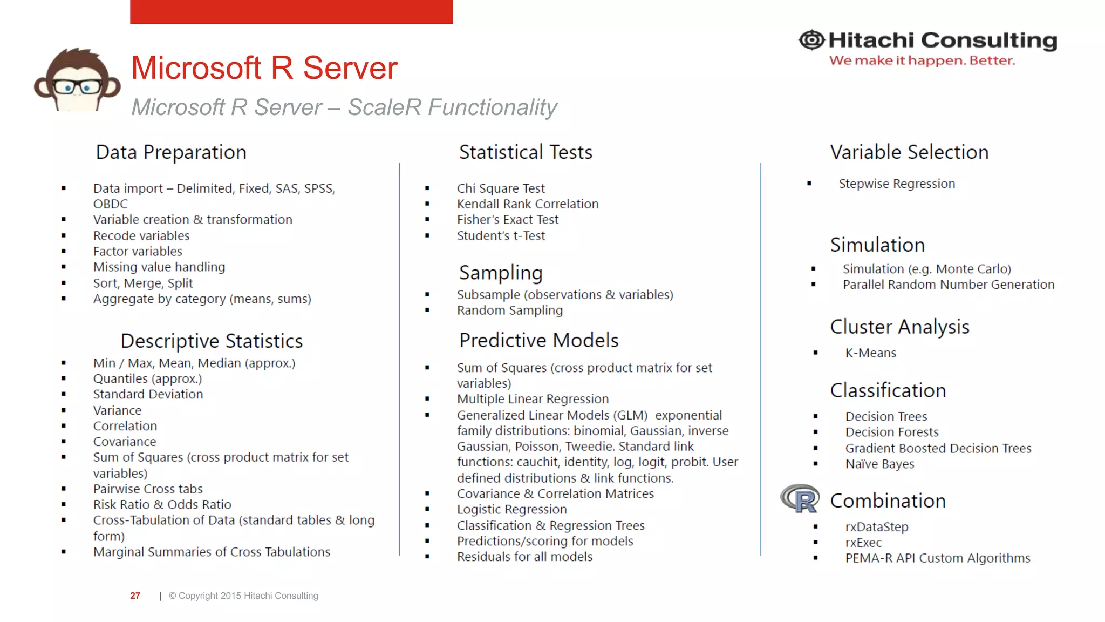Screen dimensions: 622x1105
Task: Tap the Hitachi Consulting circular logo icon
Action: pos(811,40)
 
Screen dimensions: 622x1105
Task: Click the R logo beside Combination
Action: pos(800,498)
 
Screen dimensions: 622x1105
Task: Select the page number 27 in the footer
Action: pos(135,596)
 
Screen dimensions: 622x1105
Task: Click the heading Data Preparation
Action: pos(171,152)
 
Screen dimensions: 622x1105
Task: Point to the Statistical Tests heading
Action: pos(526,152)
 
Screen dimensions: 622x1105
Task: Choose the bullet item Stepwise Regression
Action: pos(897,184)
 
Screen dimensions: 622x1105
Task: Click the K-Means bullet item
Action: pos(870,353)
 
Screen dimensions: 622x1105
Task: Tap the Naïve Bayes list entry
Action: pos(879,464)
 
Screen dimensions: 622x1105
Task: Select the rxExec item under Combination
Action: pos(863,543)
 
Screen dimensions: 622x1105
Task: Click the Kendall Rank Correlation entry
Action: pos(528,204)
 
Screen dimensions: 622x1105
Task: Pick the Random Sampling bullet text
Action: pos(510,310)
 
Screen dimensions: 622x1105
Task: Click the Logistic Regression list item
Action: pos(511,509)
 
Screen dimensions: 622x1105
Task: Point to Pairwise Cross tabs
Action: pos(148,489)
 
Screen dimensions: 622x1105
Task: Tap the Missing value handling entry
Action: pos(159,267)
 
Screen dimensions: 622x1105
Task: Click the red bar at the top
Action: pos(291,11)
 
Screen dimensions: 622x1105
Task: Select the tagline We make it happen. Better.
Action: pos(922,60)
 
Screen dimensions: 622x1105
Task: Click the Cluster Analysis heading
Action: pos(899,327)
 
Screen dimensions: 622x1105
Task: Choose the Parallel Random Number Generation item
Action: pos(949,285)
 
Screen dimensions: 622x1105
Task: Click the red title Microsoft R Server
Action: pos(264,68)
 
